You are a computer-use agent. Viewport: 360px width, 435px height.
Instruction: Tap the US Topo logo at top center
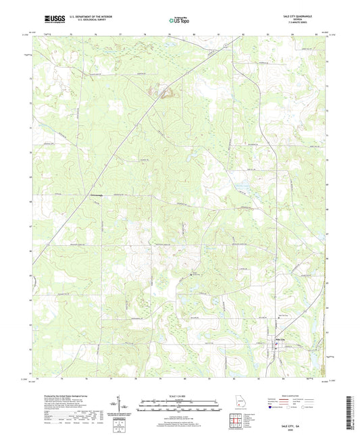pyautogui.click(x=177, y=22)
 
